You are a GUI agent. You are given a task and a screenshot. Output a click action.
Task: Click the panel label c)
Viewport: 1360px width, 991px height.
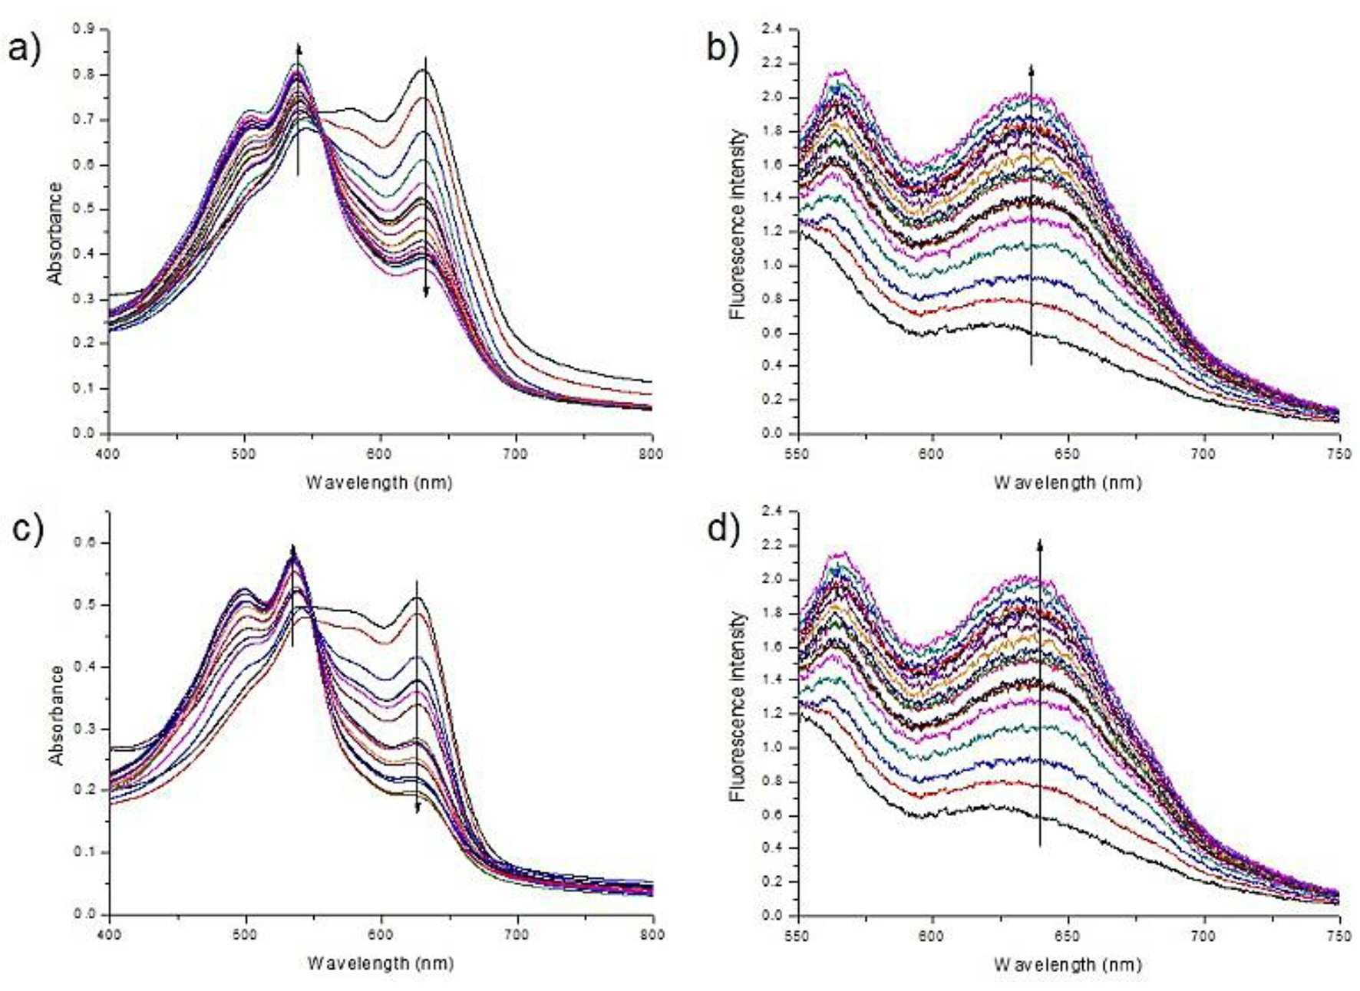(x=28, y=529)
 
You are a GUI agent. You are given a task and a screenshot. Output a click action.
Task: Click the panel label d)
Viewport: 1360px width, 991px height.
(x=723, y=529)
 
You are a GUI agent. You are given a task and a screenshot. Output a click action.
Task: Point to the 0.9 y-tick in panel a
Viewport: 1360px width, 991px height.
(x=84, y=29)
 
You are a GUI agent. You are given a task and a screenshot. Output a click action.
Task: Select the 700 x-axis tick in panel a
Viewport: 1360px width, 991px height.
(x=515, y=453)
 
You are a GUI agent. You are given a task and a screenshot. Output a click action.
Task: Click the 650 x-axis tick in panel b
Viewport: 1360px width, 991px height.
(x=1068, y=453)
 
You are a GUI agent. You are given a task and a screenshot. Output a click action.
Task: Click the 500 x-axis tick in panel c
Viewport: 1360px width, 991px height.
(x=245, y=934)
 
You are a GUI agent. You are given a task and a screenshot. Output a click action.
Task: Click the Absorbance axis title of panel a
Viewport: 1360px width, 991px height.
(x=55, y=232)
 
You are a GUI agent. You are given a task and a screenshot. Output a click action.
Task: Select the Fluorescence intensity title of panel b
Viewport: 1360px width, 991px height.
(x=738, y=224)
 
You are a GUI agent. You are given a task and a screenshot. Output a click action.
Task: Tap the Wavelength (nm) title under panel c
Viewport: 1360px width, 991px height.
(x=381, y=963)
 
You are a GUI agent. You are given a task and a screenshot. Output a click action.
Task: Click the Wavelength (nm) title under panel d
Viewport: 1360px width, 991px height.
(x=1068, y=964)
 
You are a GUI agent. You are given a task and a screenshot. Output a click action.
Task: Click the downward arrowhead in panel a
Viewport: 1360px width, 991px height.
(x=426, y=291)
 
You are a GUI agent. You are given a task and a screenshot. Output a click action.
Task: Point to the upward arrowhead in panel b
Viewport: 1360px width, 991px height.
(x=1032, y=69)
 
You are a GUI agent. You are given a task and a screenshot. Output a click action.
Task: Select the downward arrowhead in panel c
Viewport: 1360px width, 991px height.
(x=418, y=807)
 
